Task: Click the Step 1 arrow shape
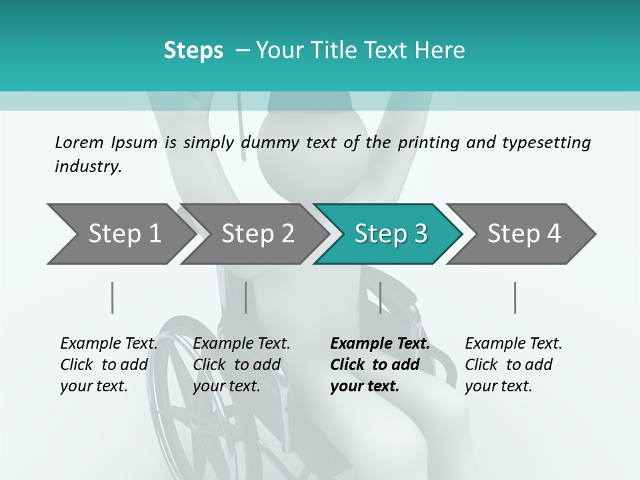(120, 234)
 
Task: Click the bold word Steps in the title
(193, 51)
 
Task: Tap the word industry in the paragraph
(88, 167)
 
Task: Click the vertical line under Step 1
(113, 297)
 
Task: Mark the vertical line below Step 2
(246, 297)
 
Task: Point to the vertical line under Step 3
(381, 297)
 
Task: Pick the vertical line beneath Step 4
(515, 297)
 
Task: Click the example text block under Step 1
(109, 365)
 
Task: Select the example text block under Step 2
(241, 365)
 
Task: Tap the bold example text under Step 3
(379, 365)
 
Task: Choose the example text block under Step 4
(513, 365)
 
